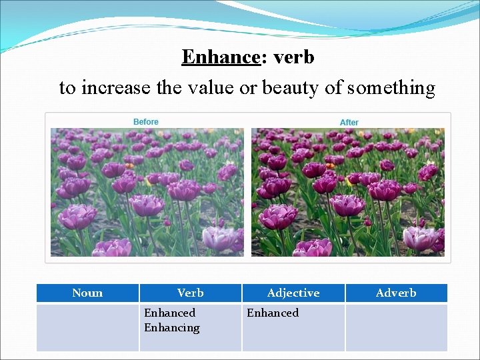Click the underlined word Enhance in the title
click(220, 57)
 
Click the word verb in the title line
click(293, 57)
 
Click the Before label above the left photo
click(146, 122)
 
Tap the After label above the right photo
click(349, 123)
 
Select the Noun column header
click(87, 293)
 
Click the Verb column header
click(191, 293)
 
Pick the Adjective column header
click(293, 293)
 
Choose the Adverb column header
click(396, 293)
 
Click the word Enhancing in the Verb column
click(172, 327)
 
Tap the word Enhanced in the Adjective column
click(273, 313)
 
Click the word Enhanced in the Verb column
click(170, 313)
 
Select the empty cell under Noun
click(87, 327)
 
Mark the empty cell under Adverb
click(396, 327)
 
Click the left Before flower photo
click(147, 192)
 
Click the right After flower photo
click(347, 192)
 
